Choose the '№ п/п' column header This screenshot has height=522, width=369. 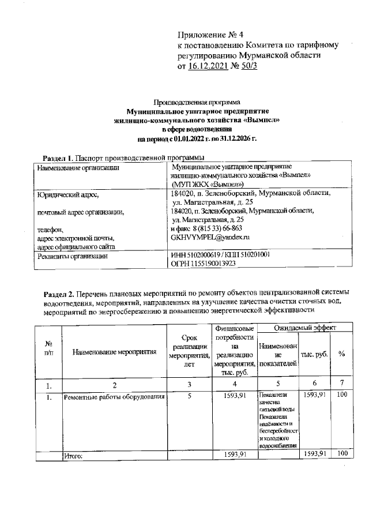pos(48,348)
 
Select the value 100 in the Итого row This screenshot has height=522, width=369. pos(342,454)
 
